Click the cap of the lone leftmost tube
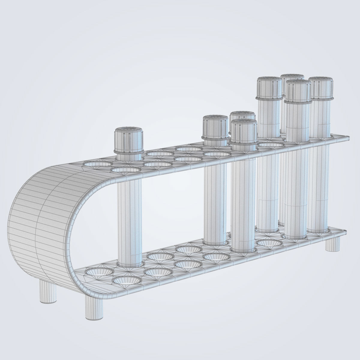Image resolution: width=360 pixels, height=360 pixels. pyautogui.click(x=129, y=140)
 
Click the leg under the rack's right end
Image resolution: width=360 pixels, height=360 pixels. pyautogui.click(x=333, y=243)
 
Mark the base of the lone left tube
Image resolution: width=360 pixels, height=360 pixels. pyautogui.click(x=129, y=262)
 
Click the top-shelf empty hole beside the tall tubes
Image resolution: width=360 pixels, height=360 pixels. pyautogui.click(x=271, y=145)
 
